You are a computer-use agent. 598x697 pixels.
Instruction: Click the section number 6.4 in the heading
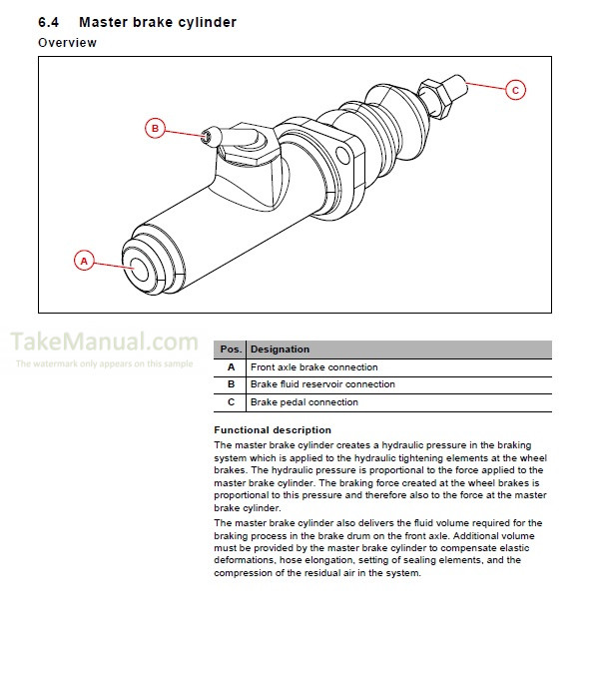click(50, 22)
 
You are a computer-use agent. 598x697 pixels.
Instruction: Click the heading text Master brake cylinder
click(158, 22)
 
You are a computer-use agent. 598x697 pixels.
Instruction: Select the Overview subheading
click(67, 43)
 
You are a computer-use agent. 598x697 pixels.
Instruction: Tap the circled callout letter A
click(85, 261)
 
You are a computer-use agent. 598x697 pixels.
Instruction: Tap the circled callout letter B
click(155, 128)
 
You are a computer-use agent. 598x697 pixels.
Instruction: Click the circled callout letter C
click(515, 90)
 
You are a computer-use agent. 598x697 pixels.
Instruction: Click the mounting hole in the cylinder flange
click(345, 154)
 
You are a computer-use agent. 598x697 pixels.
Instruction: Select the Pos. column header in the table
click(231, 349)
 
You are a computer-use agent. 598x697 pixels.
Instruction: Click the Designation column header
click(280, 349)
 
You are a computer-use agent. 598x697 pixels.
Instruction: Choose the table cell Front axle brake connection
click(313, 367)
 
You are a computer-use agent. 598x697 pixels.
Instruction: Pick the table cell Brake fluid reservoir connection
click(321, 384)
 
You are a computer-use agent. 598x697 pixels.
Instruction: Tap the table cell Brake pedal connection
click(303, 402)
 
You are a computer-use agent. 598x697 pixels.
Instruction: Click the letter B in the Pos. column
click(231, 384)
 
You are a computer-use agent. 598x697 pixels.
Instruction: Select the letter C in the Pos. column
click(231, 402)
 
